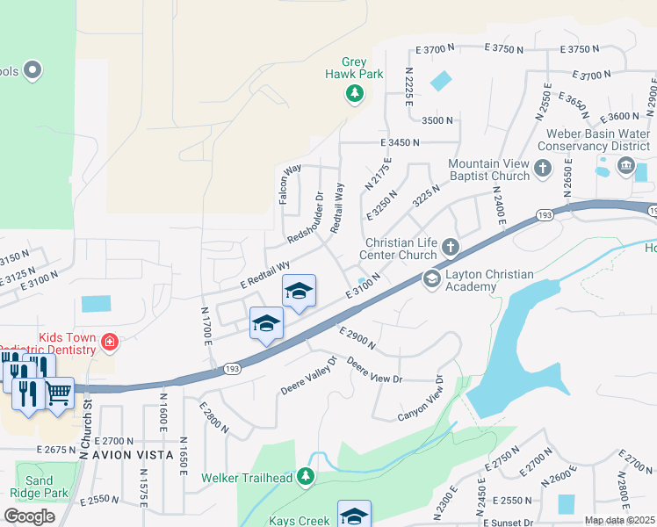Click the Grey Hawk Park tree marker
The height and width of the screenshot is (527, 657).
coord(354,93)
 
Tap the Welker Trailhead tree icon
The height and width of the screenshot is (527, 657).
coord(306,477)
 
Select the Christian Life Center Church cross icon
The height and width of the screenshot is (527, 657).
coord(451,247)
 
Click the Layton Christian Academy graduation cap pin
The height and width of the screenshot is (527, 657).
coord(431,279)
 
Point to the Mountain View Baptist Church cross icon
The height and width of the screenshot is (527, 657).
coord(543,168)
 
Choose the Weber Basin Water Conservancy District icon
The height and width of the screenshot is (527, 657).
coord(626,164)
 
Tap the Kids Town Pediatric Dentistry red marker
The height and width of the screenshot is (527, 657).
coord(109,342)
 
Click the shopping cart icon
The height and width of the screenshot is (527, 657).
coord(59,393)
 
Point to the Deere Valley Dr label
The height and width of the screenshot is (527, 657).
coord(308,375)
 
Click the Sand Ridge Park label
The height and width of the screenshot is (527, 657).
coord(40,487)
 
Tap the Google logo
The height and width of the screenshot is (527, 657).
coord(29,516)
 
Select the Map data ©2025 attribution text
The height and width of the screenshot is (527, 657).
coord(619,520)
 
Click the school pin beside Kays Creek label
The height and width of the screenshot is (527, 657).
coord(354,515)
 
